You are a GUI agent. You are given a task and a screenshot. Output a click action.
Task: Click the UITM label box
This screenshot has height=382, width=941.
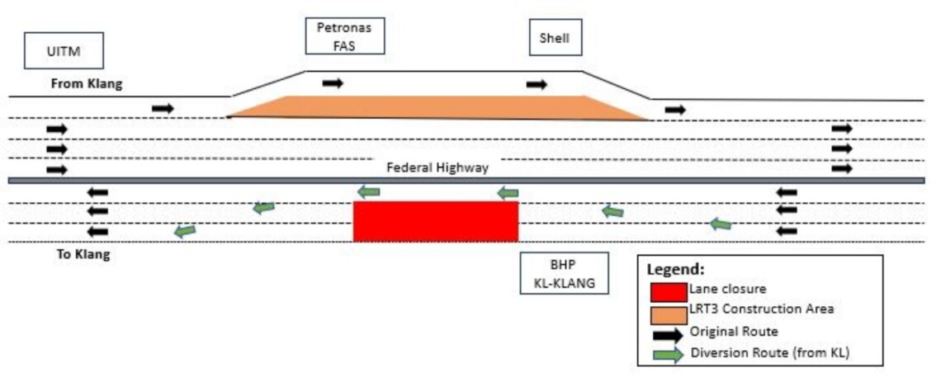coord(64,51)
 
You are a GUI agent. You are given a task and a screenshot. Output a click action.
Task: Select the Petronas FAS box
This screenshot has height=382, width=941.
coord(345,36)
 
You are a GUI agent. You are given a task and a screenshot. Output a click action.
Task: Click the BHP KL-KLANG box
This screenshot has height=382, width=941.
coord(565,274)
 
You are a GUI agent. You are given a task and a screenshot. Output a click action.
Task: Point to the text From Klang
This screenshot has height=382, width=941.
coord(87,83)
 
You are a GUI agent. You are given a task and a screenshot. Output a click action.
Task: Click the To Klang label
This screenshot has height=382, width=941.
coord(83,254)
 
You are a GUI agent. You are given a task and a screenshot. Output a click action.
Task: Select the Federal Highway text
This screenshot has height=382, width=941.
coord(437,167)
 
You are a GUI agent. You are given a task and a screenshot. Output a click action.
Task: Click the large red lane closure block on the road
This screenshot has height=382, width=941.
coord(435,221)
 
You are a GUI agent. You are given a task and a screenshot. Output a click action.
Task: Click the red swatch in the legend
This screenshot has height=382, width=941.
coord(668,292)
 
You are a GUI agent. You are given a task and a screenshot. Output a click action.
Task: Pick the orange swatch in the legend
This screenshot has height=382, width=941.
coord(668,314)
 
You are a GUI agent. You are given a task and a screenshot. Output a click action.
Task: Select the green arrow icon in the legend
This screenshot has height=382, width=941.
coord(668,355)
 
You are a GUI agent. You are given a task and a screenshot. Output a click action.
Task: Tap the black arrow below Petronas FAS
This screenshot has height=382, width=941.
coord(333,83)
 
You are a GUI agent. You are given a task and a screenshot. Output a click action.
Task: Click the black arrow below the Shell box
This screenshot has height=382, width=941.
coord(537,84)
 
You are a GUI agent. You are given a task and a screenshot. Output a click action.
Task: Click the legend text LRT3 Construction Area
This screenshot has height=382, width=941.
coord(761,309)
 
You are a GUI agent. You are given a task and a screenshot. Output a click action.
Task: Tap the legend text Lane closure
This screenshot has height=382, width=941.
coord(726,289)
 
